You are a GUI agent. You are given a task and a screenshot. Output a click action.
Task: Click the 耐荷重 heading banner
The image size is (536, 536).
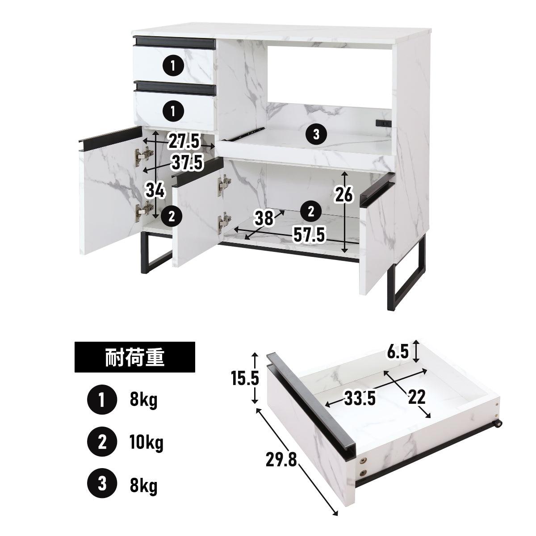(x=134, y=357)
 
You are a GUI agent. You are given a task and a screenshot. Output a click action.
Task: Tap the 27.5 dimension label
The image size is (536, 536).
(x=184, y=141)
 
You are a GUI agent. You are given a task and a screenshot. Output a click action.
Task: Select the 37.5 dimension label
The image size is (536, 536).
(x=187, y=163)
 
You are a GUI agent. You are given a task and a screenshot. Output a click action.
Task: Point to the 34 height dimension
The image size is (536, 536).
(x=155, y=191)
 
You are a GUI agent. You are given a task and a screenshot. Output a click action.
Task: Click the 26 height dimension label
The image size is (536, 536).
(x=344, y=194)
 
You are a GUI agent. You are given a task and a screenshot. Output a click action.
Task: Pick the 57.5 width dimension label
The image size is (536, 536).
(x=309, y=235)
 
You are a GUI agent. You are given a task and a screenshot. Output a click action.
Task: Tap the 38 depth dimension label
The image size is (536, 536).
(x=264, y=218)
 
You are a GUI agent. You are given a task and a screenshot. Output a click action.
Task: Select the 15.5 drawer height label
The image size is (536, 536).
(x=245, y=379)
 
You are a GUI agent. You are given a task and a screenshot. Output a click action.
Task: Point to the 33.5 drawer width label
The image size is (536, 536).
(x=360, y=398)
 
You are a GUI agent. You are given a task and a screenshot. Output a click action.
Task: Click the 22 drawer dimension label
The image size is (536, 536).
(x=417, y=397)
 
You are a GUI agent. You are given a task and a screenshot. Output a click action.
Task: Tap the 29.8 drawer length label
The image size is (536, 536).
(x=281, y=460)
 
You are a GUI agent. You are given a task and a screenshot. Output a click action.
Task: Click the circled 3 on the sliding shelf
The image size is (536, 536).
(x=316, y=134)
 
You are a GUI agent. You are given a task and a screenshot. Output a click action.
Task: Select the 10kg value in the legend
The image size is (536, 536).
(x=147, y=442)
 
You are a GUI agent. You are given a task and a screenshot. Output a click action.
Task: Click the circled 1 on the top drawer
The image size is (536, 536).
(x=173, y=66)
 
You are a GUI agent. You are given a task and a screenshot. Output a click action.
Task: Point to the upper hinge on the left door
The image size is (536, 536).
(x=144, y=156)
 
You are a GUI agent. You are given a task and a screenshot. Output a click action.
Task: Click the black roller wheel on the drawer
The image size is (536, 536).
(x=498, y=424)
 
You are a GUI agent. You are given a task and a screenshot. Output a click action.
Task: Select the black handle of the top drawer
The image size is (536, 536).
(x=174, y=42)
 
